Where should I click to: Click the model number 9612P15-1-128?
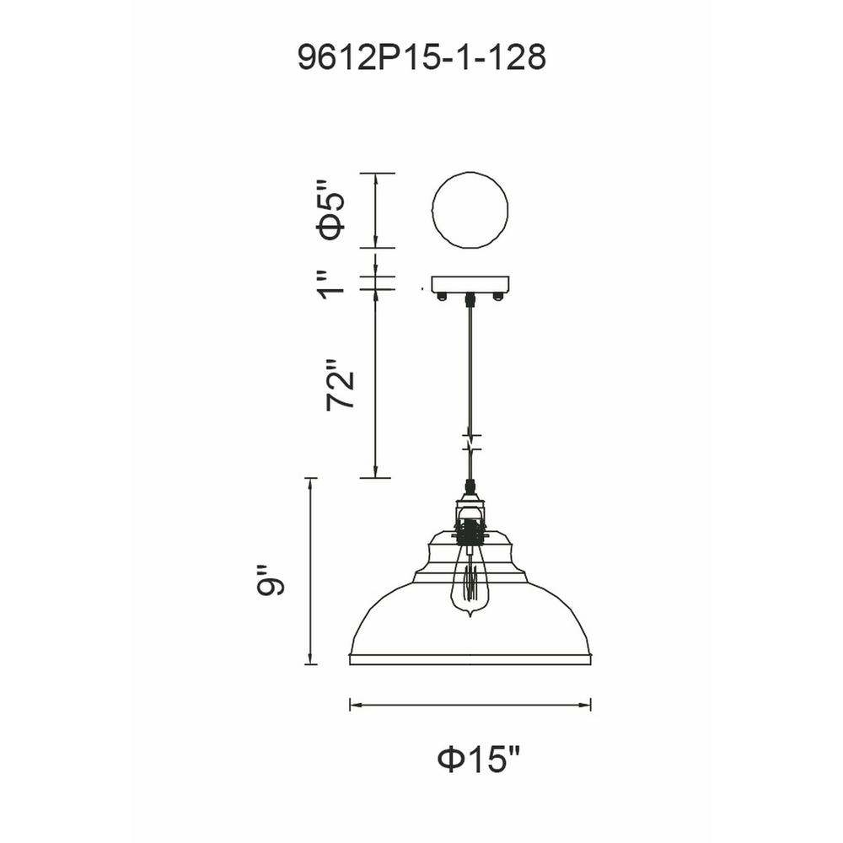[422, 57]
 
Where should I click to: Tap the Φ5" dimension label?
[330, 210]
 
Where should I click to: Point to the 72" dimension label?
[341, 384]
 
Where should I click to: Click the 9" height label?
[270, 581]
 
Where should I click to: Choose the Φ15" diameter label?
[479, 759]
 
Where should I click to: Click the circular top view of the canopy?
[470, 210]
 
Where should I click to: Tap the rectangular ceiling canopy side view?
[470, 285]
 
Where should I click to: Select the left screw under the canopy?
[443, 297]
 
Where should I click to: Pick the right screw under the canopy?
[498, 297]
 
